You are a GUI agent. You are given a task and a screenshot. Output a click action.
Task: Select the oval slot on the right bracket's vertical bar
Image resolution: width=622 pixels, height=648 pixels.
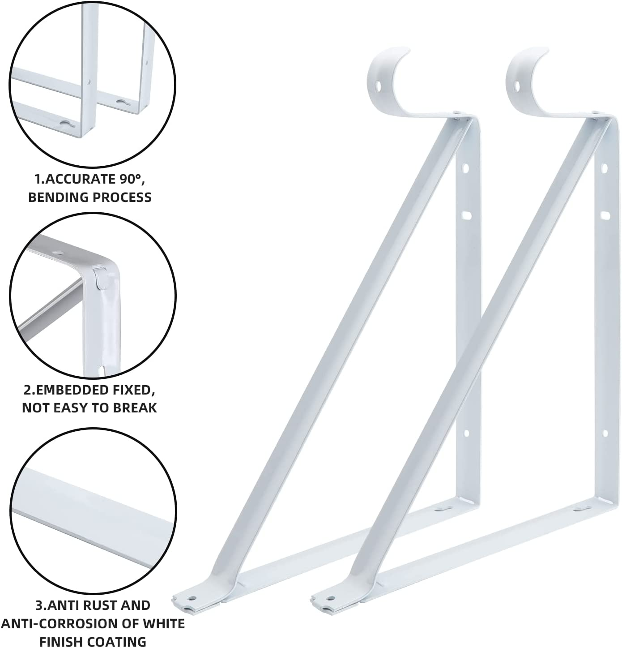click(605, 215)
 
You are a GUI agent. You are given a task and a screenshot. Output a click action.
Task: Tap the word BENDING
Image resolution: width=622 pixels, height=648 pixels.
click(55, 197)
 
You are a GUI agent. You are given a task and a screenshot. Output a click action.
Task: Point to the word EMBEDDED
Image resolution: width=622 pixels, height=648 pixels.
click(75, 390)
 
